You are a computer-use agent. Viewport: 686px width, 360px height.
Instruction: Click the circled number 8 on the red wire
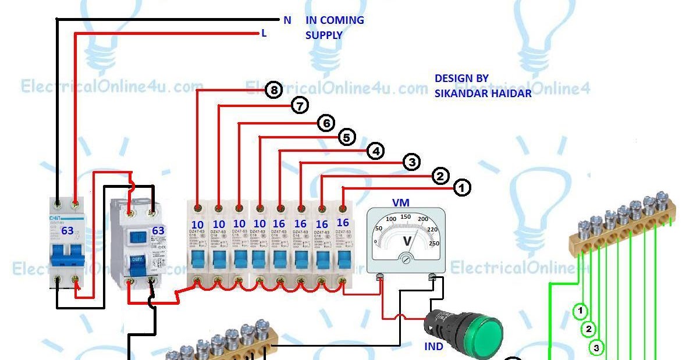[273, 90]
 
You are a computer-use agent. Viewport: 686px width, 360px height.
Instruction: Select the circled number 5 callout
[346, 138]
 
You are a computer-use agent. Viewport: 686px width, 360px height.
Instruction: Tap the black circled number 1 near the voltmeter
[462, 188]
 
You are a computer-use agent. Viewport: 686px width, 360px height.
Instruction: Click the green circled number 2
[588, 330]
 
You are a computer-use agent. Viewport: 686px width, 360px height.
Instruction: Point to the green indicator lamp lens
[484, 335]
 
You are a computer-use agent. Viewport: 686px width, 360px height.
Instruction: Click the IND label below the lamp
[434, 347]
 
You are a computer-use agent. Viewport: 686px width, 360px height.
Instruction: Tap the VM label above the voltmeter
[401, 203]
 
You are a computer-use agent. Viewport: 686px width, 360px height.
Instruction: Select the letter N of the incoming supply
[287, 20]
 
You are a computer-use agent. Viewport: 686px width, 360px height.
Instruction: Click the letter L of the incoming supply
[264, 34]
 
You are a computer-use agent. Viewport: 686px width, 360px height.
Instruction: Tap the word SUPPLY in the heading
[324, 35]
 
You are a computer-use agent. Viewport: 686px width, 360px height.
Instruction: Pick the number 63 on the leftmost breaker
[67, 231]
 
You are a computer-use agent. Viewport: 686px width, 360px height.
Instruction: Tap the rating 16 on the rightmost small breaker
[343, 223]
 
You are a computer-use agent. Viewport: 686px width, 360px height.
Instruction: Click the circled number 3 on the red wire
[411, 162]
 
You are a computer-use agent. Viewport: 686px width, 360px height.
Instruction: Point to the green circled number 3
[596, 348]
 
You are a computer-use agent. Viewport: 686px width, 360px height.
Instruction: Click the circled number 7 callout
[300, 106]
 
